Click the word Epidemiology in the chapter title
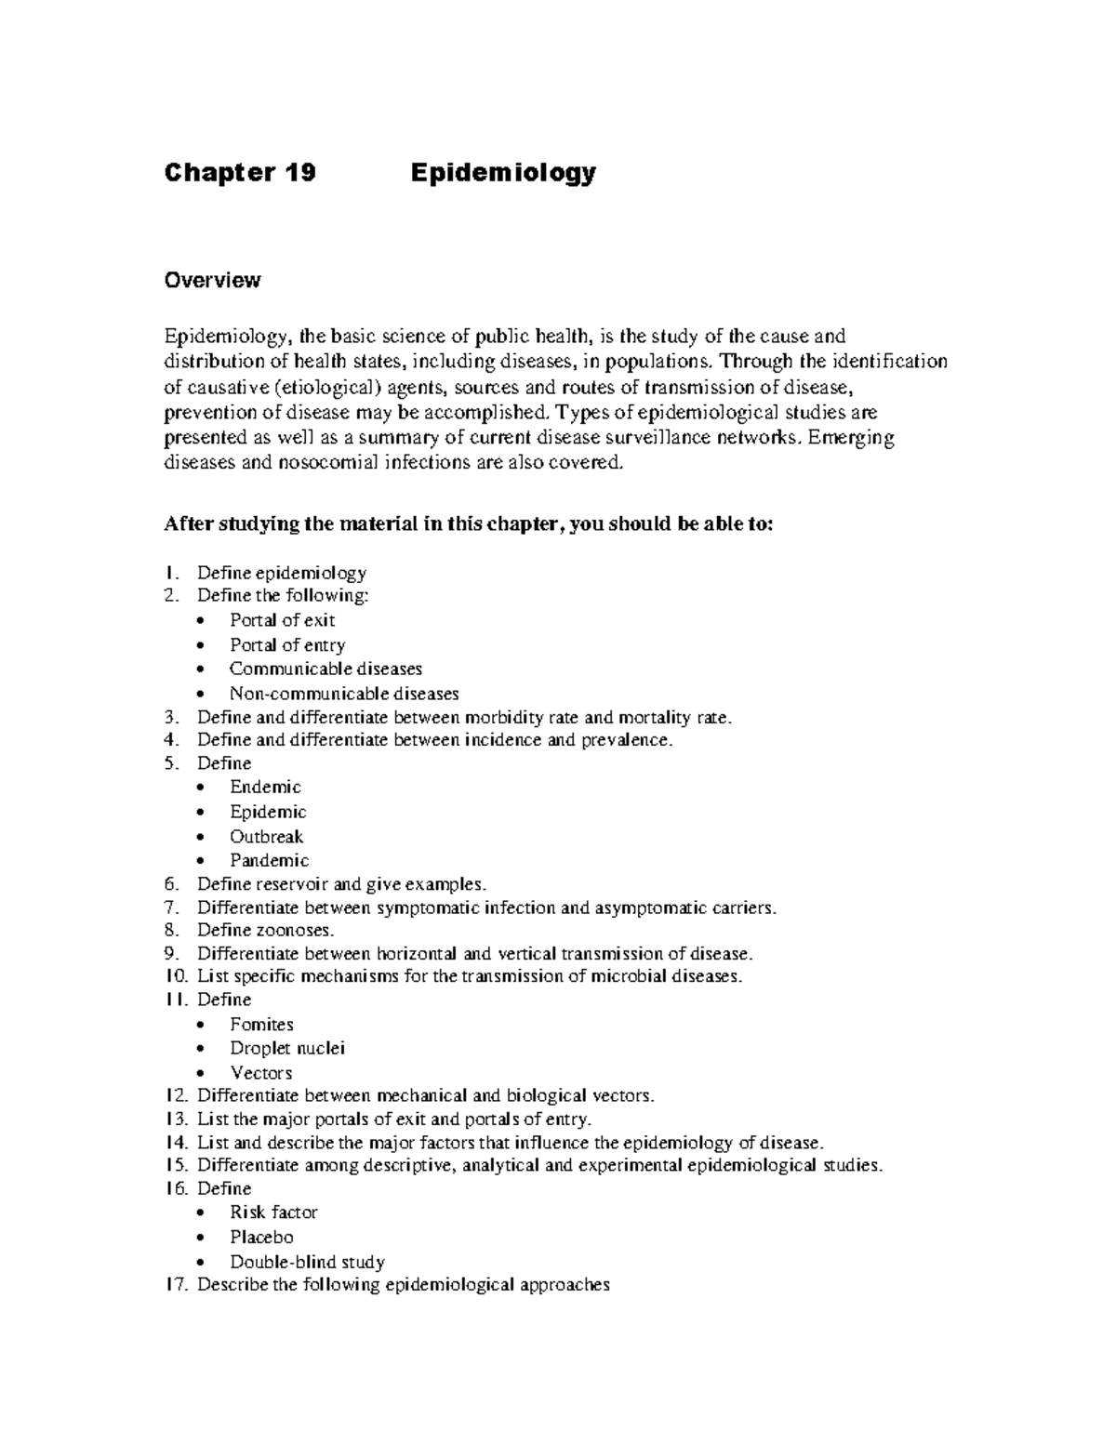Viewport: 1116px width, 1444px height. [x=503, y=173]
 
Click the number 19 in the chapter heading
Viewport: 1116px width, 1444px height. [x=301, y=173]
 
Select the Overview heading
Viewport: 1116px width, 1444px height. [x=212, y=280]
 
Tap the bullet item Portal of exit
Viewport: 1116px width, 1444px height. [x=282, y=620]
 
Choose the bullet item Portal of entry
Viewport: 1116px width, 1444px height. [x=287, y=645]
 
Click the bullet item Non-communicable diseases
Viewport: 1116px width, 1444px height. [x=344, y=694]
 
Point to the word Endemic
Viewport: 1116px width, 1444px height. [x=265, y=788]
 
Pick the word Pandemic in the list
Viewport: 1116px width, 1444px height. [x=269, y=861]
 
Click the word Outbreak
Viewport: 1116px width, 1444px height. [x=266, y=837]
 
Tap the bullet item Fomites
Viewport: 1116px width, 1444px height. [x=261, y=1025]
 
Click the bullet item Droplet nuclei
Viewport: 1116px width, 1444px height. [x=287, y=1048]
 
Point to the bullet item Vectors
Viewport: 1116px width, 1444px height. [x=260, y=1073]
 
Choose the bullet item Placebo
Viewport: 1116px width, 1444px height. [x=261, y=1238]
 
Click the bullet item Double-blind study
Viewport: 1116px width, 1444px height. [x=307, y=1263]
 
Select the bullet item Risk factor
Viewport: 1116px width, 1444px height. [x=273, y=1212]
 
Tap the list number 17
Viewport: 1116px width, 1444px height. [x=176, y=1285]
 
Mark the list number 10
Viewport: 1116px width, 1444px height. [x=176, y=976]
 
